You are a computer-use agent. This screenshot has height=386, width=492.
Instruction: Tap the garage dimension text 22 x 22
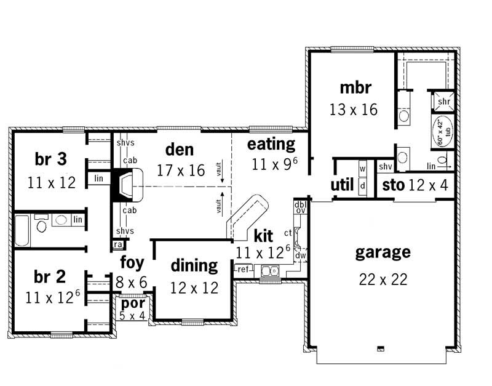383,279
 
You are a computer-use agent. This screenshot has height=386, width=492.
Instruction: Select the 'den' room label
180,149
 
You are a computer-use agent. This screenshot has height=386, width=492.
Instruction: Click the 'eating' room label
271,144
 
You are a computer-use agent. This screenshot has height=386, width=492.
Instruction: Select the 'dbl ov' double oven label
300,207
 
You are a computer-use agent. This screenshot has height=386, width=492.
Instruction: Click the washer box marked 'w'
362,168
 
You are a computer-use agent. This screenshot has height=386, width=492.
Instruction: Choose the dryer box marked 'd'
362,185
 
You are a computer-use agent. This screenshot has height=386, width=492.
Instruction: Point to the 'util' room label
342,185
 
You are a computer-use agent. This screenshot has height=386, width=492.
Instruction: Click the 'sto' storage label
393,185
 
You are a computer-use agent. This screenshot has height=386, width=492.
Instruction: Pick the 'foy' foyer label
132,263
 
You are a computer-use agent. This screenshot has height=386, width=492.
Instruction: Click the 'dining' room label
194,266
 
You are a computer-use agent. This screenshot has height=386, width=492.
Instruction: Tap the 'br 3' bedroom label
51,159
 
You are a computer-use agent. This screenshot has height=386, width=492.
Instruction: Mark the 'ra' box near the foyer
117,244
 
